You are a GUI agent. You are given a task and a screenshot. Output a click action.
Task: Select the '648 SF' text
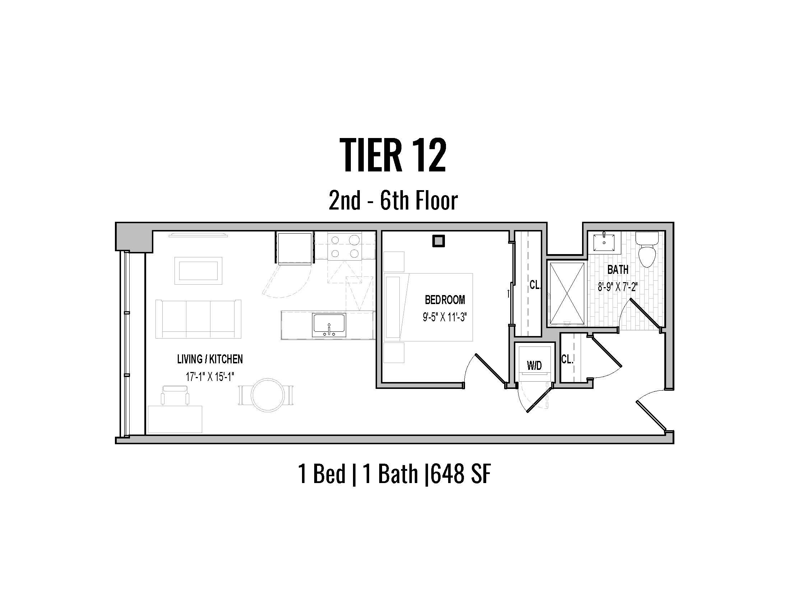(461, 474)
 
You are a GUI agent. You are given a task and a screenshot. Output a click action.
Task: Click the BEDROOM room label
(445, 300)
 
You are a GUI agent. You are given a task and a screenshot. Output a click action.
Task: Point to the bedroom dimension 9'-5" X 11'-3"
(445, 317)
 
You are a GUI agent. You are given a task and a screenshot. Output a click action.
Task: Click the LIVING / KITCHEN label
(210, 359)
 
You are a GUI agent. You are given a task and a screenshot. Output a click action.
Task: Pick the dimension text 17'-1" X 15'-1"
(210, 377)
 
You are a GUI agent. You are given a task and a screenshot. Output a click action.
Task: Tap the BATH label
(618, 269)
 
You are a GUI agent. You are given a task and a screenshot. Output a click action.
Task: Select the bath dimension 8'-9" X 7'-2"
(618, 287)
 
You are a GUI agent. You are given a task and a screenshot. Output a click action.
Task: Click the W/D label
(534, 366)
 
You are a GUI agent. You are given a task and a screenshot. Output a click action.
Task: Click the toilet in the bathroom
(647, 249)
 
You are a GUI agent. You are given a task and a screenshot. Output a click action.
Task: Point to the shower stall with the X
(566, 294)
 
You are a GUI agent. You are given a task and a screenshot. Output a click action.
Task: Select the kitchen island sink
(329, 325)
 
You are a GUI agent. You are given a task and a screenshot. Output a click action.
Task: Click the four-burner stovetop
(345, 246)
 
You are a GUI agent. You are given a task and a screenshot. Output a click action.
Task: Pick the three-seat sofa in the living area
(198, 318)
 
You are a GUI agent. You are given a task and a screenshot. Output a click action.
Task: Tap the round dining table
(266, 395)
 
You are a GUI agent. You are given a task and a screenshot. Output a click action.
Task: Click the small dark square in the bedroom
(438, 241)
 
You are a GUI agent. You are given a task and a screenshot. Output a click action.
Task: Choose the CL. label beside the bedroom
(535, 285)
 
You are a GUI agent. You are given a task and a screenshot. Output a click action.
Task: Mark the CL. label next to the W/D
(567, 359)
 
